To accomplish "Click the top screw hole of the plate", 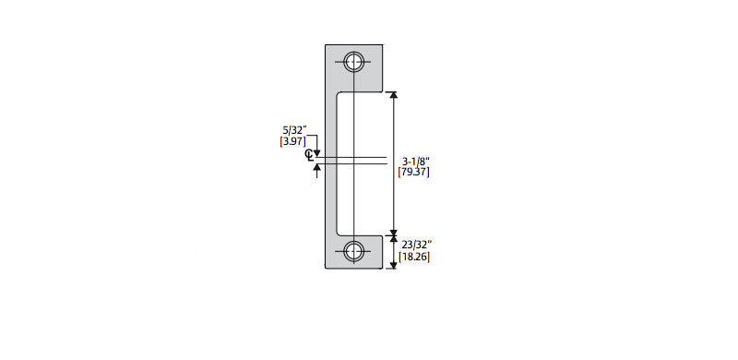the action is point(353,62).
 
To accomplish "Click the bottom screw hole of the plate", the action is point(353,251).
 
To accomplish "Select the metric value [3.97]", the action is point(292,141).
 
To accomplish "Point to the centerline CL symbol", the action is point(309,155).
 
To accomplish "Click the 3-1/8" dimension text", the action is point(413,161).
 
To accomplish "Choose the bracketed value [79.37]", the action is point(413,172).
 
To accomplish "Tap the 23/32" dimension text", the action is point(414,246).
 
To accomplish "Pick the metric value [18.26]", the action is point(414,257).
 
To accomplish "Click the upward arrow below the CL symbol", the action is point(317,171).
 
